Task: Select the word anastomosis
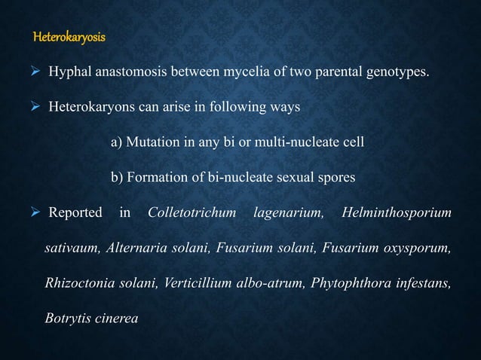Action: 130,73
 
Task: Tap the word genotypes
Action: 404,73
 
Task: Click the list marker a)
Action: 116,142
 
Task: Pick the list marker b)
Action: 117,178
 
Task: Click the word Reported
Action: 75,212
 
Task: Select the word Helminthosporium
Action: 397,212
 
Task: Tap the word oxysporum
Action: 418,248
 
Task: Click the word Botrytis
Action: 66,318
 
